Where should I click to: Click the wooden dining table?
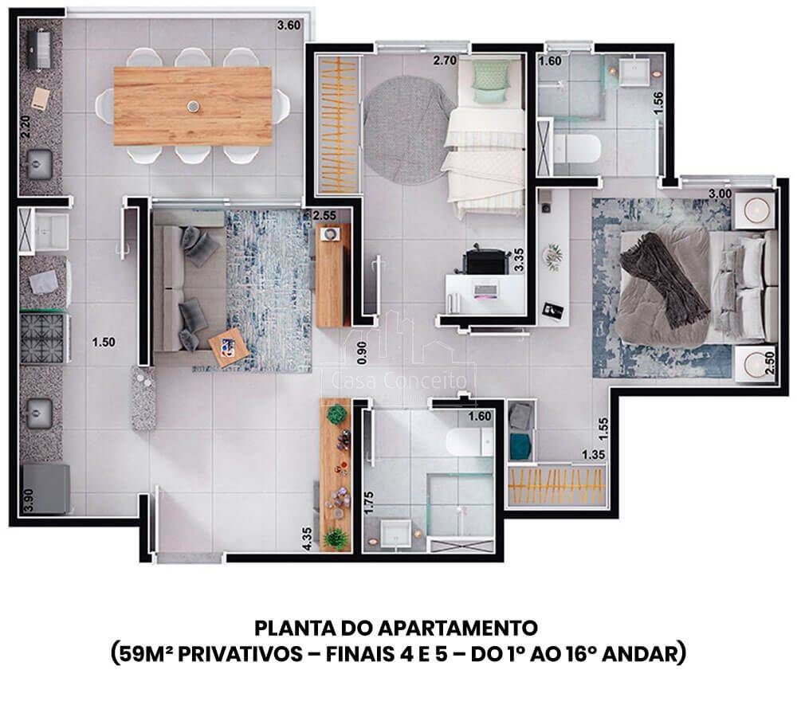pyautogui.click(x=192, y=106)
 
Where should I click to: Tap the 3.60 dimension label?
pyautogui.click(x=289, y=25)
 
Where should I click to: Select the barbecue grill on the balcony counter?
pyautogui.click(x=38, y=49)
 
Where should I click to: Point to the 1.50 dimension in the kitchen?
pyautogui.click(x=103, y=342)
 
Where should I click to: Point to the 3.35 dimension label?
pyautogui.click(x=519, y=260)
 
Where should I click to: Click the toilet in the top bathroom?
pyautogui.click(x=577, y=148)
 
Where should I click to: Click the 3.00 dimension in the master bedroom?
pyautogui.click(x=720, y=194)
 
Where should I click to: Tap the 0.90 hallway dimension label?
pyautogui.click(x=361, y=353)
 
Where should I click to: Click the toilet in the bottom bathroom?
pyautogui.click(x=469, y=441)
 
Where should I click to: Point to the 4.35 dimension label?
pyautogui.click(x=307, y=539)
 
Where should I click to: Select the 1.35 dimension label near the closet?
pyautogui.click(x=593, y=454)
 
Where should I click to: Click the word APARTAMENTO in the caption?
pyautogui.click(x=458, y=628)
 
